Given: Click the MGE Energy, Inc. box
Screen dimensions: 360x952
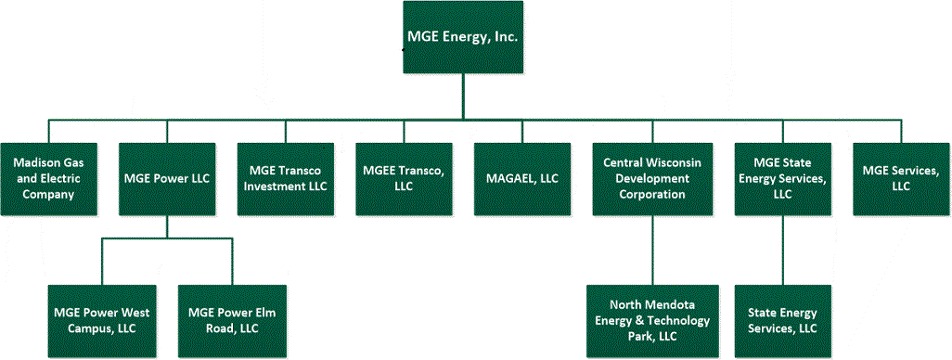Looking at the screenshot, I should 462,37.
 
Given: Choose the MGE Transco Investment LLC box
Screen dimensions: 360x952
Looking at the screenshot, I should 284,179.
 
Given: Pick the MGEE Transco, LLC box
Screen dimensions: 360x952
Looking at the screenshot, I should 402,179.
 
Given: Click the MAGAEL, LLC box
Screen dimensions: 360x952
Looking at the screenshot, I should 521,179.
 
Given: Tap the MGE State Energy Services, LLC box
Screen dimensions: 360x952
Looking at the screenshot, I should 781,179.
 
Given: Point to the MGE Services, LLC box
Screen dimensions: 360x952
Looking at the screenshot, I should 899,179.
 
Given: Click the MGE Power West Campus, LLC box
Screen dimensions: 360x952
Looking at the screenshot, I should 101,320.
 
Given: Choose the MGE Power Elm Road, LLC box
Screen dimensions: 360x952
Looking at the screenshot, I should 225,320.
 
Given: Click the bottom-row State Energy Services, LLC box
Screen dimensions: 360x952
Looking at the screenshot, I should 781,320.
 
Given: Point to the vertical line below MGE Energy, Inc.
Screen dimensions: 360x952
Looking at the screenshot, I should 462,96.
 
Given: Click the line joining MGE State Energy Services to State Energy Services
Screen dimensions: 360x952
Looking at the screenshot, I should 781,250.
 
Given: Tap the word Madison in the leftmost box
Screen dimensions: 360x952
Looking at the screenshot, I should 37,163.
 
